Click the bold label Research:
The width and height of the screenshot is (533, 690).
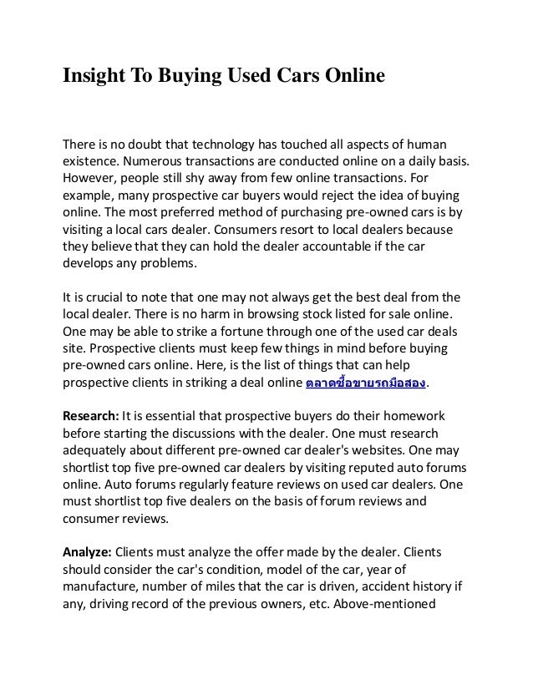[91, 415]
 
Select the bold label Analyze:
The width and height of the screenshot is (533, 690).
[87, 552]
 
